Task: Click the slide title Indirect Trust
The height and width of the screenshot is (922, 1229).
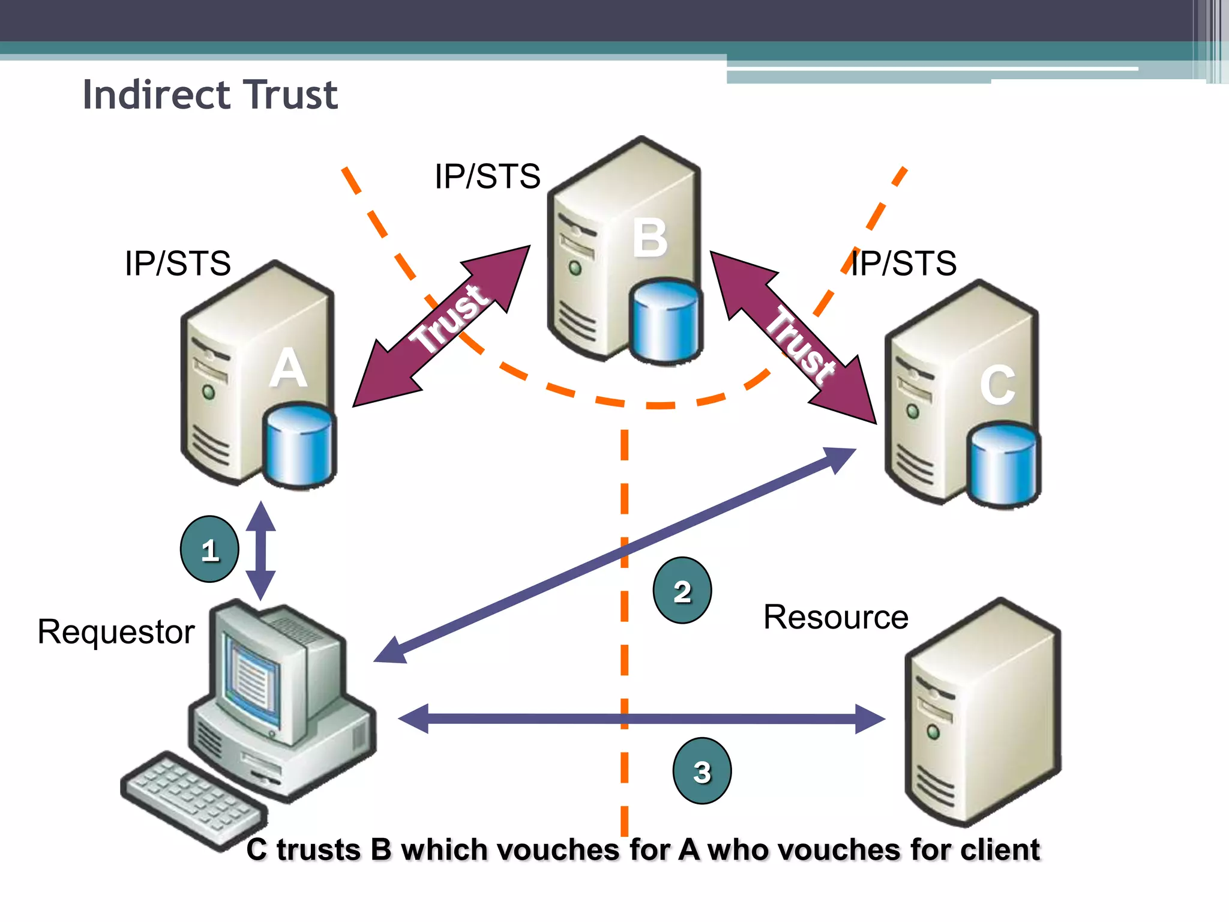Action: pyautogui.click(x=210, y=95)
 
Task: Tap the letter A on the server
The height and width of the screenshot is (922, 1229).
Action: pyautogui.click(x=288, y=369)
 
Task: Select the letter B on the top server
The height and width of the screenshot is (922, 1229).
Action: pyautogui.click(x=650, y=238)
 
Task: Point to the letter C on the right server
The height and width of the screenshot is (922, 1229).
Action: pyautogui.click(x=997, y=385)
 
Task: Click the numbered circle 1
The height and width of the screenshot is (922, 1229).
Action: pyautogui.click(x=209, y=549)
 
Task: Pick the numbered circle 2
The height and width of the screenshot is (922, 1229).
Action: pyautogui.click(x=682, y=591)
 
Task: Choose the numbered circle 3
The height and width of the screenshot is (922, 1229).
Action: pyautogui.click(x=702, y=771)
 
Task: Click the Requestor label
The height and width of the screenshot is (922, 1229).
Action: pyautogui.click(x=116, y=631)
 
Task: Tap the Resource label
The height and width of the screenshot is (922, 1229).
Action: pyautogui.click(x=835, y=617)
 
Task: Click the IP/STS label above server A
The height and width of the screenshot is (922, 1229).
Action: pyautogui.click(x=178, y=263)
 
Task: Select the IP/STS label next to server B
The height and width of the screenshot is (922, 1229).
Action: pyautogui.click(x=487, y=176)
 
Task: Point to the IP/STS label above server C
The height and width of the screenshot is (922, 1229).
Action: pyautogui.click(x=904, y=263)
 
